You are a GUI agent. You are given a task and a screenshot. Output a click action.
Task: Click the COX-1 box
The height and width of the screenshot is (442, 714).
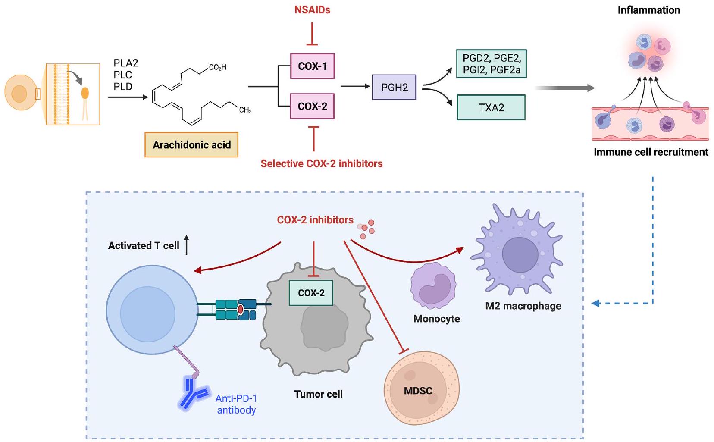[312, 66]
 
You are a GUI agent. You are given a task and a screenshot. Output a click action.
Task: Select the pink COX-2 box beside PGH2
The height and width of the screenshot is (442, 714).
[312, 106]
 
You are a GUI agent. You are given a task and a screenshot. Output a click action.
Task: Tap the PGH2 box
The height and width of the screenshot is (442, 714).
[394, 88]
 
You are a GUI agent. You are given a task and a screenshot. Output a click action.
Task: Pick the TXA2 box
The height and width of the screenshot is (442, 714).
[491, 107]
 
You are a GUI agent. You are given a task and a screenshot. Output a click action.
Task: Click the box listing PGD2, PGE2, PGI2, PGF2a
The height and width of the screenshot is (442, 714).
[491, 64]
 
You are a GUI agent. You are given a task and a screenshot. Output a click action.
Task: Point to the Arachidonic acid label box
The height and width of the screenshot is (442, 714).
[191, 145]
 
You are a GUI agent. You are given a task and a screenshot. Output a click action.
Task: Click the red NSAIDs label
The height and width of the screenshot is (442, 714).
[312, 10]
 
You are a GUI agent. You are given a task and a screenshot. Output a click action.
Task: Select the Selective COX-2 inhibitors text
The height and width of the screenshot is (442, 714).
[322, 164]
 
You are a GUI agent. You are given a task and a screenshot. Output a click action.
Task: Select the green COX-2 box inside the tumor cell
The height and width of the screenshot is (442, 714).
[311, 293]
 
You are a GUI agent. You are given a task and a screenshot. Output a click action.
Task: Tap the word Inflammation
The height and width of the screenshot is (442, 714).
[648, 10]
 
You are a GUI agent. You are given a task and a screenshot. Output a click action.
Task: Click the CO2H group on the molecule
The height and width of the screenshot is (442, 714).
[217, 67]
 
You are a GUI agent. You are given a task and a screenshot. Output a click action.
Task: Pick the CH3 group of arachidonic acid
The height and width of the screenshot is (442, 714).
[245, 110]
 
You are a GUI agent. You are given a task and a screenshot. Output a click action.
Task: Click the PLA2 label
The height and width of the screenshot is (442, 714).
[126, 63]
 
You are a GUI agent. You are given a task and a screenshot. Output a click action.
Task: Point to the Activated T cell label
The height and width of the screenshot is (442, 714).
[144, 246]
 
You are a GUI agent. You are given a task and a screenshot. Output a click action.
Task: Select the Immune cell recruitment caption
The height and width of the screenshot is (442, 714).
[651, 152]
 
